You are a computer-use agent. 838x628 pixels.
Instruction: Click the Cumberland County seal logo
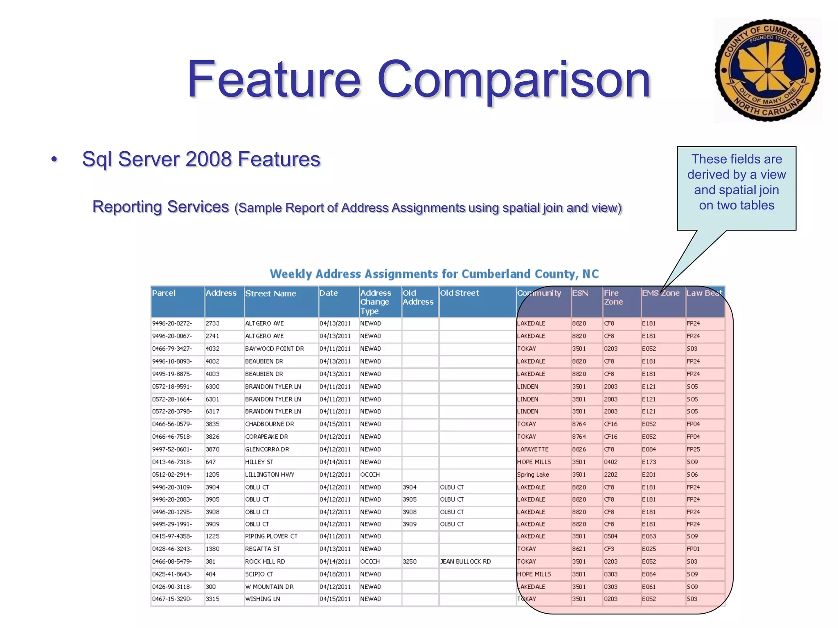tap(767, 70)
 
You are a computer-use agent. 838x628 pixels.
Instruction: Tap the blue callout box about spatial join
tap(736, 188)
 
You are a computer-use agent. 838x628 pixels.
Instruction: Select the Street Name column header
tap(270, 294)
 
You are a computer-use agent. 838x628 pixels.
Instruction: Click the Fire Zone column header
tap(613, 298)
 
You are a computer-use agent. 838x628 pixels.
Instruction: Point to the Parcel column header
tap(164, 293)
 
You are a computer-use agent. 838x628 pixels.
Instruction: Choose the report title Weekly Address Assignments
tap(434, 274)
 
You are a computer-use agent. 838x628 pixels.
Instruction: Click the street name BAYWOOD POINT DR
tap(274, 349)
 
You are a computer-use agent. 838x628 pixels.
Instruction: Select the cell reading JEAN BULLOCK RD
tap(465, 562)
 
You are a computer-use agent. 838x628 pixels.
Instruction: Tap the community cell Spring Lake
tap(533, 475)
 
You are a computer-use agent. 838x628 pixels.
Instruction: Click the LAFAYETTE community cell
tap(532, 449)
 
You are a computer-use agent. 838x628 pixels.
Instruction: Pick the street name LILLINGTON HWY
tap(270, 475)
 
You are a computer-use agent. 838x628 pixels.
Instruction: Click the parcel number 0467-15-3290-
tap(172, 599)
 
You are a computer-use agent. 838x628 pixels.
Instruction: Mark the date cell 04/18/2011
tap(335, 574)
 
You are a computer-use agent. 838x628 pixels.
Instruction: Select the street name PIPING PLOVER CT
tap(271, 536)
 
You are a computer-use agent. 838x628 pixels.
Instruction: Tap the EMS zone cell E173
tap(649, 462)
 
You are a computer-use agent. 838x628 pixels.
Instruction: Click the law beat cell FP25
tap(693, 449)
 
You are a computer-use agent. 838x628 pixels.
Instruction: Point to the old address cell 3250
tap(409, 562)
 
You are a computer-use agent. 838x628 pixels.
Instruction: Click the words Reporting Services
tap(160, 207)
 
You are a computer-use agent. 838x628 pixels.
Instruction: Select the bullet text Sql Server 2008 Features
tap(201, 159)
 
